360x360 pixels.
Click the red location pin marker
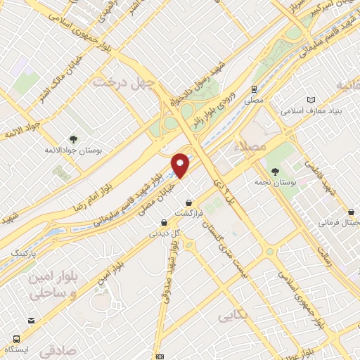[181, 165]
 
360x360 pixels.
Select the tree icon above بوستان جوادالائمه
[74, 139]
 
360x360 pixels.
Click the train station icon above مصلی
[254, 89]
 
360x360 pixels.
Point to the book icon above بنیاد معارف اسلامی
[310, 100]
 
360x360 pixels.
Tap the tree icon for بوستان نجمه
[275, 171]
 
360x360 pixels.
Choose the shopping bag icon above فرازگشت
[188, 203]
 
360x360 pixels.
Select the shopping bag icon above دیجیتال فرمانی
[351, 212]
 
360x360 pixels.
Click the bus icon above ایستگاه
[31, 339]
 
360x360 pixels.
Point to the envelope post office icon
[160, 356]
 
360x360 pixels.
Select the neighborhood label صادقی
[56, 348]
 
